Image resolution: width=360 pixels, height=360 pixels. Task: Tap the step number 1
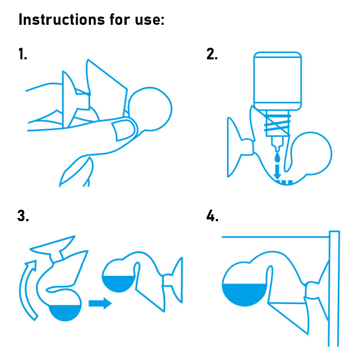(23, 54)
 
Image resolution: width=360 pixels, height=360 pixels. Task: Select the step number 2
(212, 54)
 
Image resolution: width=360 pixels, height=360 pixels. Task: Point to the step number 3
(23, 215)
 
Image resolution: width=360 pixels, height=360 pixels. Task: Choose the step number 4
(212, 215)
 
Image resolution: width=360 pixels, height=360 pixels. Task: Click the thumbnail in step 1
(123, 130)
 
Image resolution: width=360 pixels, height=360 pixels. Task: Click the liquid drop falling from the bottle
(277, 158)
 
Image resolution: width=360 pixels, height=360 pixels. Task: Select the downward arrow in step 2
(277, 172)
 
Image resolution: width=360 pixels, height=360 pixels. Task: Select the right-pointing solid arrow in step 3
(100, 303)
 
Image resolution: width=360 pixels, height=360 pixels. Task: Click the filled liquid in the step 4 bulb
(245, 295)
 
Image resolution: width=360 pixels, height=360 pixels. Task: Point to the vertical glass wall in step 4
(334, 288)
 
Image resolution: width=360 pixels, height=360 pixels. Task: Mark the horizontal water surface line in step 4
(275, 237)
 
